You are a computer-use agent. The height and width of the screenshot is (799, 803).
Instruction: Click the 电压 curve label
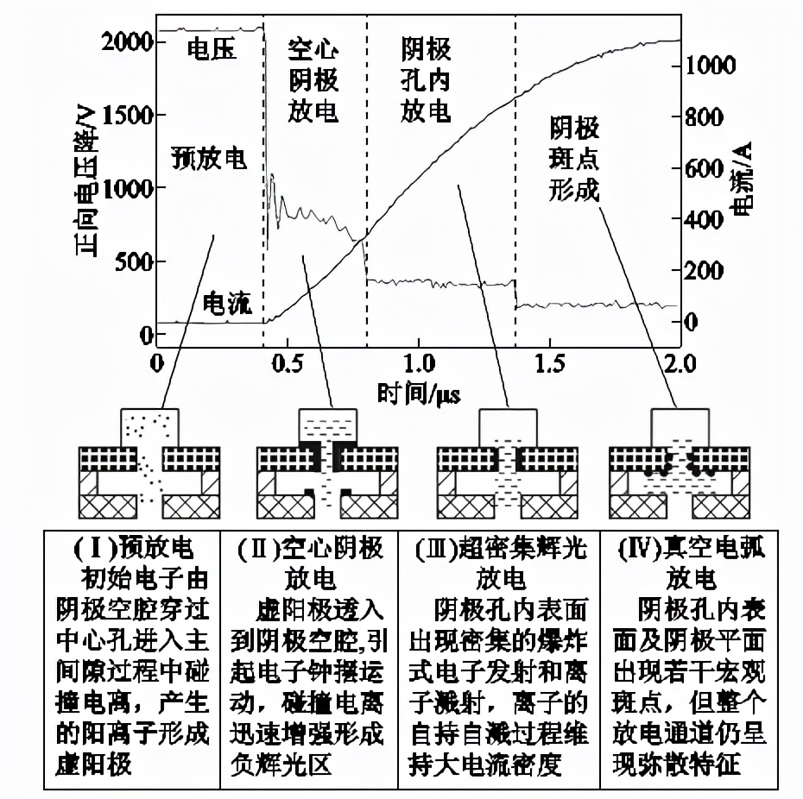(211, 51)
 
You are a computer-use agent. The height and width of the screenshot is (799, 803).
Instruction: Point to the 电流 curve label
(225, 304)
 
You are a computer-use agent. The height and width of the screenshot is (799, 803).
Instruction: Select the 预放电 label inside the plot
(208, 160)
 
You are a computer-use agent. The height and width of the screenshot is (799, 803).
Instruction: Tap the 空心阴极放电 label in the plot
(312, 82)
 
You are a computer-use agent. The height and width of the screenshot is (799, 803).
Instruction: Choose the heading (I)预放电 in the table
(130, 547)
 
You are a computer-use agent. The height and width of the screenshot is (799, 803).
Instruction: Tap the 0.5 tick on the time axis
(288, 362)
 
